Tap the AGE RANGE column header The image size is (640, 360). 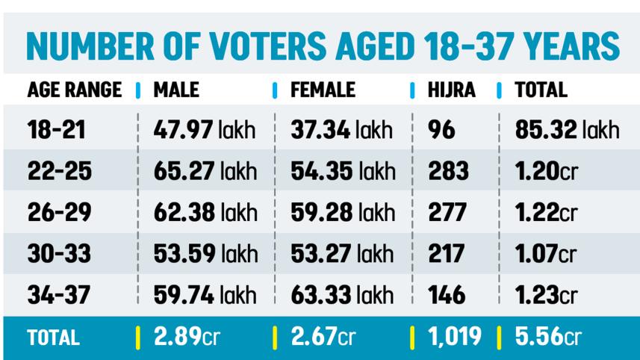click(74, 91)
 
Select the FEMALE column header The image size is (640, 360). click(323, 91)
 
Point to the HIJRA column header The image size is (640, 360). click(452, 91)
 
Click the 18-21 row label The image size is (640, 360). click(56, 131)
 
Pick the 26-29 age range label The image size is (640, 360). click(59, 213)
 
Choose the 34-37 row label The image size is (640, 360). click(59, 294)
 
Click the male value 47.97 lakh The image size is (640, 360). click(205, 131)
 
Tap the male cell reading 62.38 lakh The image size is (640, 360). click(205, 213)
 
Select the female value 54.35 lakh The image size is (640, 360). click(343, 172)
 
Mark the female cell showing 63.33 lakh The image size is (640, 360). click(343, 294)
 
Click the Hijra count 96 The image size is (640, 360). click(442, 131)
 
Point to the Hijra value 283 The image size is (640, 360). click(448, 172)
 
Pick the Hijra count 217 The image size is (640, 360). click(447, 254)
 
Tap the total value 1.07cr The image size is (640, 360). click(546, 254)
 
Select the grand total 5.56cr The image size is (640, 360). click(547, 338)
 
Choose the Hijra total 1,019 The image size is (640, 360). click(455, 338)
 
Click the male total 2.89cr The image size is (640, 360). click(187, 338)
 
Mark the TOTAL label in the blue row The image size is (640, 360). click(53, 338)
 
